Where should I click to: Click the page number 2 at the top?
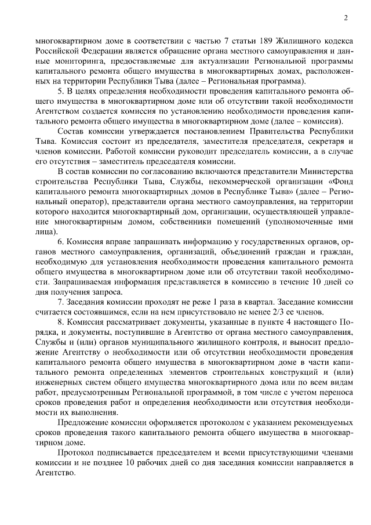[x=345, y=18]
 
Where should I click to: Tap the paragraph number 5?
[x=61, y=92]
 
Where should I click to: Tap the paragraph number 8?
[x=61, y=322]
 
